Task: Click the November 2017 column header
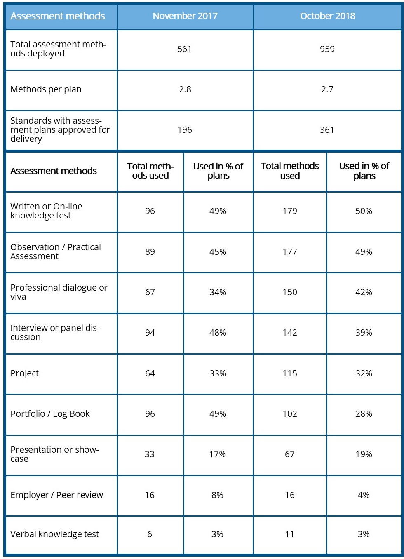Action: (185, 16)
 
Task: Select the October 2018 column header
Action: (327, 16)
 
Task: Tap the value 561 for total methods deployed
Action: (184, 49)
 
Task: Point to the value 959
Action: (327, 49)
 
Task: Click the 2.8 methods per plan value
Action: (185, 89)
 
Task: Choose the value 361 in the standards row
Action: (327, 130)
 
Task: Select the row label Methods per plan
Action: (46, 89)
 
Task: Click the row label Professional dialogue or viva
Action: (59, 292)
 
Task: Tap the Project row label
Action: (25, 373)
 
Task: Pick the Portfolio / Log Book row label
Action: (50, 414)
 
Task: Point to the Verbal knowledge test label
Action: (54, 534)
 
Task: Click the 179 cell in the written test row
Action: (290, 211)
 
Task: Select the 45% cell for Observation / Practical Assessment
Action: (218, 252)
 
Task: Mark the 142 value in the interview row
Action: (290, 333)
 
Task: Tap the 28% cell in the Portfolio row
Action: (364, 414)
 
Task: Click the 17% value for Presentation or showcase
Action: (218, 454)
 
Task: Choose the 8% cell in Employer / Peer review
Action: (218, 495)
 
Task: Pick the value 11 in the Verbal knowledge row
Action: (290, 534)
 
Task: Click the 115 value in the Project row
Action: (290, 373)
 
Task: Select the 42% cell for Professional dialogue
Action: (364, 292)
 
